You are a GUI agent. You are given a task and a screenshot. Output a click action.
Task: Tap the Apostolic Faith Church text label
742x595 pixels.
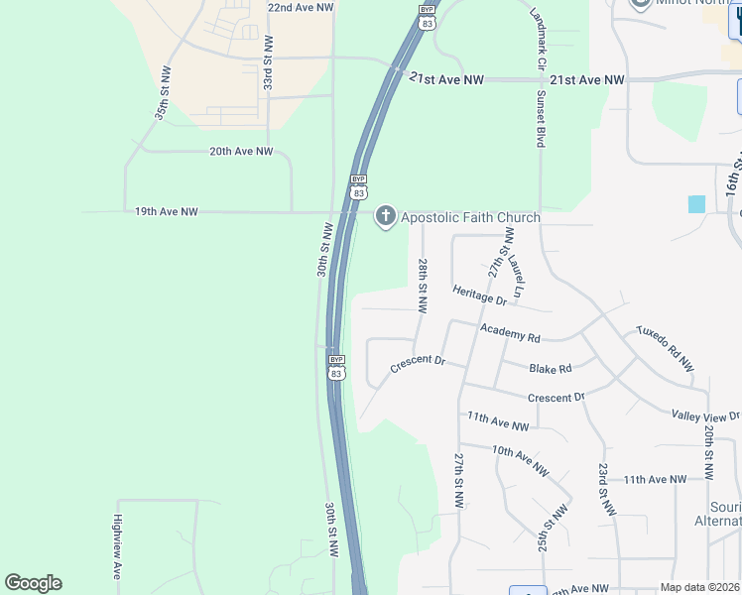point(470,217)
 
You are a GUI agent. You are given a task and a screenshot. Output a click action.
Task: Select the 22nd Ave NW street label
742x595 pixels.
point(301,7)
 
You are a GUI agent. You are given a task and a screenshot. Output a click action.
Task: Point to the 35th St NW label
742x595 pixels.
point(163,93)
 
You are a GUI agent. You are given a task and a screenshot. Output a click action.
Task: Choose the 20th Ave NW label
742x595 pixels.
point(240,152)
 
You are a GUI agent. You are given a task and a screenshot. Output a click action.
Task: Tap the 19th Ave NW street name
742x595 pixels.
point(166,211)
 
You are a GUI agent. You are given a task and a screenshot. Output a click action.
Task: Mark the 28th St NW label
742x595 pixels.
point(423,287)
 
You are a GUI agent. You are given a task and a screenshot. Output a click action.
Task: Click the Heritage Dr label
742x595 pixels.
point(480,294)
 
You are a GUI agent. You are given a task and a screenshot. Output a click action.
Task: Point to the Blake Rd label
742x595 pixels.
point(551,368)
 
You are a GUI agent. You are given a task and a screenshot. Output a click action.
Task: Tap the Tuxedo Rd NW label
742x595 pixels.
point(665,347)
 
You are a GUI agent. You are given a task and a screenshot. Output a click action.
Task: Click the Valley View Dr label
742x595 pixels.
point(705,416)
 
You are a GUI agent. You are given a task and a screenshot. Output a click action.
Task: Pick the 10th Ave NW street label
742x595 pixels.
point(521,459)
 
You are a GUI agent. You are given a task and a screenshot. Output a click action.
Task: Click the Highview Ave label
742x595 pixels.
point(117,545)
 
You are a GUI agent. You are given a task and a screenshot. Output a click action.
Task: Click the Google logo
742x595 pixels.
point(33,583)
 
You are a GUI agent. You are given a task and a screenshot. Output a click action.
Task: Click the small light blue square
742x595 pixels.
point(696,203)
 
